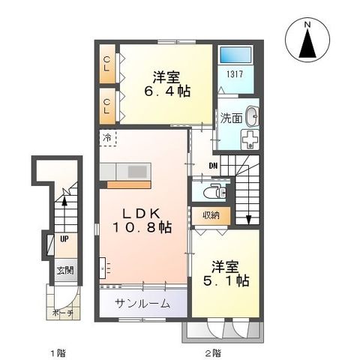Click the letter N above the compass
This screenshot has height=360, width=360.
306,24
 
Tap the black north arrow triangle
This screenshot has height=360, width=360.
306,44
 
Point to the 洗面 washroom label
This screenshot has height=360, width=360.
230,117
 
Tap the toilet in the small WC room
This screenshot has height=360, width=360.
217,190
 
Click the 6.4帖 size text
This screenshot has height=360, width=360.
166,92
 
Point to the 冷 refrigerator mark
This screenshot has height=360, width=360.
107,139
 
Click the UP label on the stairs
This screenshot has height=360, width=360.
64,238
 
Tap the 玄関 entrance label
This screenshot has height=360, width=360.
65,270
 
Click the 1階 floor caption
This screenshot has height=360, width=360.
57,352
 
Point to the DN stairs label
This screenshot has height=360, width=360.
214,166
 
